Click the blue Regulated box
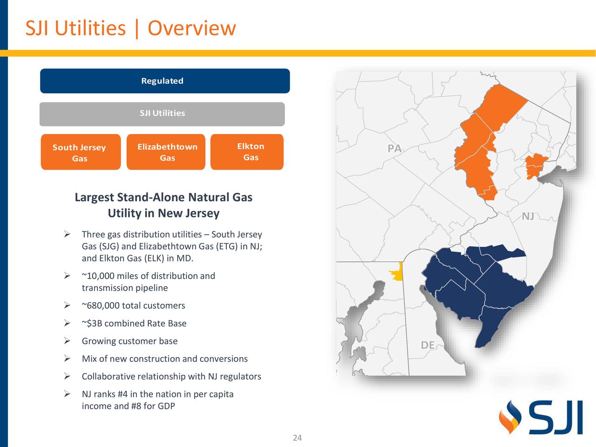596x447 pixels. point(165,81)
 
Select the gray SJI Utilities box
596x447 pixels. point(162,114)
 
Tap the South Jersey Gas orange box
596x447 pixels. point(80,152)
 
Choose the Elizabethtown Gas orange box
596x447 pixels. point(166,152)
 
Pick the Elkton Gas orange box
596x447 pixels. point(247,152)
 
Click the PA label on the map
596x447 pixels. point(394,149)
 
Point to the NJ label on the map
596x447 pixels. point(528,217)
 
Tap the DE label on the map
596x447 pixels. point(427,345)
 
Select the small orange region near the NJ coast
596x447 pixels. point(535,166)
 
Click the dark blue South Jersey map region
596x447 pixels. point(480,289)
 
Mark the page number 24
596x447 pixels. point(297,438)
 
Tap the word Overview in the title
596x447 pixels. point(191,28)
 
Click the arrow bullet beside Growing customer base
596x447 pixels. point(67,341)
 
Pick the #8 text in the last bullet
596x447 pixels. point(136,406)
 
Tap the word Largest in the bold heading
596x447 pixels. point(95,197)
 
